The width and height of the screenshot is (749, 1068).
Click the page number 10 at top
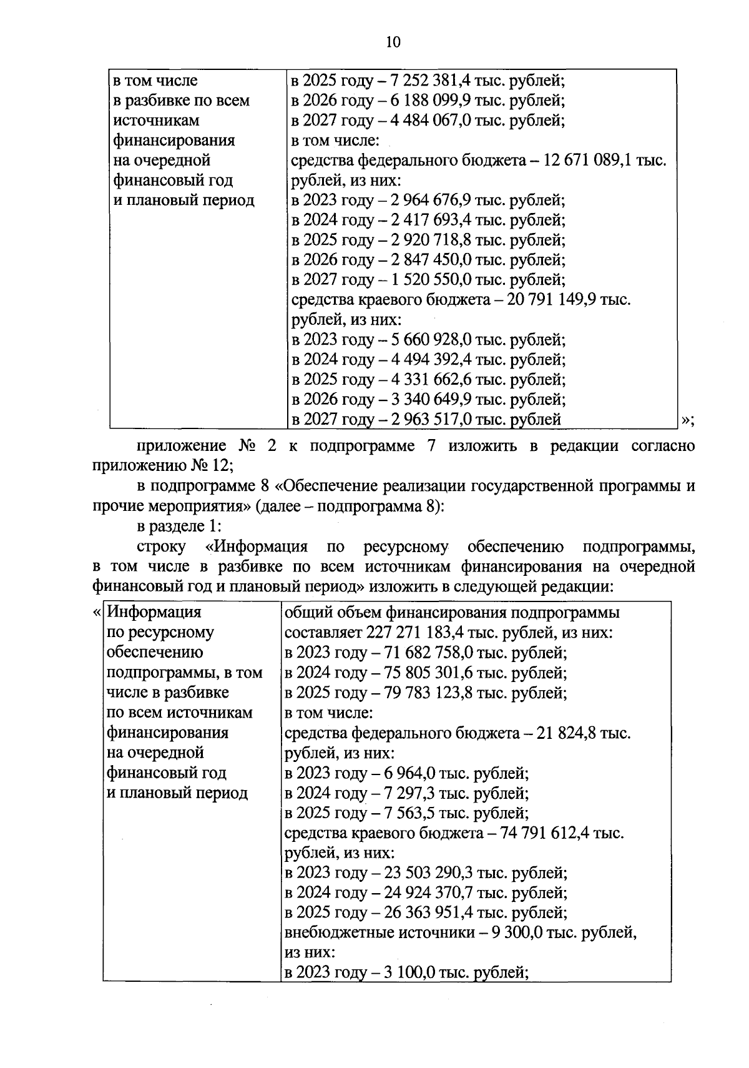(393, 42)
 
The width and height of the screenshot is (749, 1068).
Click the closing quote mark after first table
(687, 420)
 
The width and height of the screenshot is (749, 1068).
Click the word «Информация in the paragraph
(257, 547)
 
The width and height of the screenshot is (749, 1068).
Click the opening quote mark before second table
(96, 613)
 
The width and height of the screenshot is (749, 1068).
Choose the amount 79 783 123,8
(431, 693)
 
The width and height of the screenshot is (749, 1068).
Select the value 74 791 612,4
(544, 833)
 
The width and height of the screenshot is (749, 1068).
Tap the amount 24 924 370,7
(431, 892)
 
